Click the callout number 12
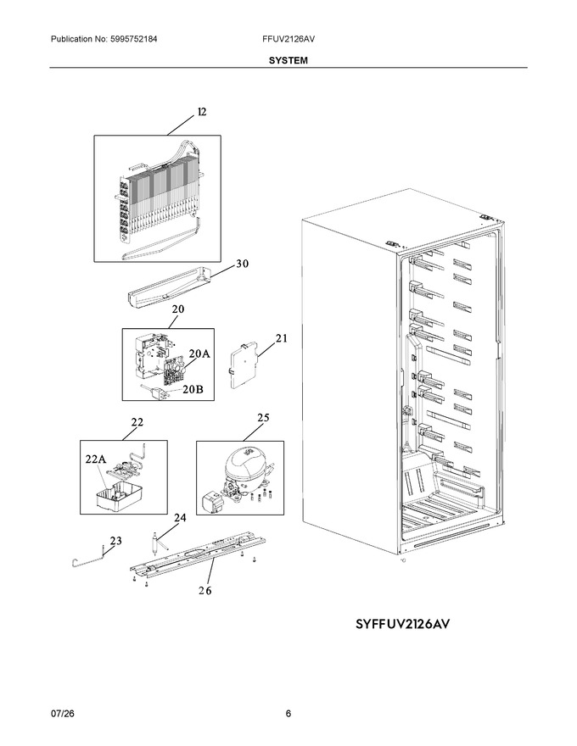tap(202, 112)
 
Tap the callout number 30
tap(243, 264)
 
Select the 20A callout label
tap(199, 354)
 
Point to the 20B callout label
tap(193, 389)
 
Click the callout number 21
tap(282, 338)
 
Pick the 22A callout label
tap(96, 459)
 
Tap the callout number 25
tap(263, 418)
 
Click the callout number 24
tap(180, 518)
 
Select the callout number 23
tap(115, 541)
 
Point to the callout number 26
tap(205, 590)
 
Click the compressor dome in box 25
tap(247, 463)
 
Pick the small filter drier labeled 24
tap(155, 543)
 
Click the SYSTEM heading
tap(288, 60)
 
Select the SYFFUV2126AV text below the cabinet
tap(402, 624)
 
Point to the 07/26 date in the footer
tap(59, 714)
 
